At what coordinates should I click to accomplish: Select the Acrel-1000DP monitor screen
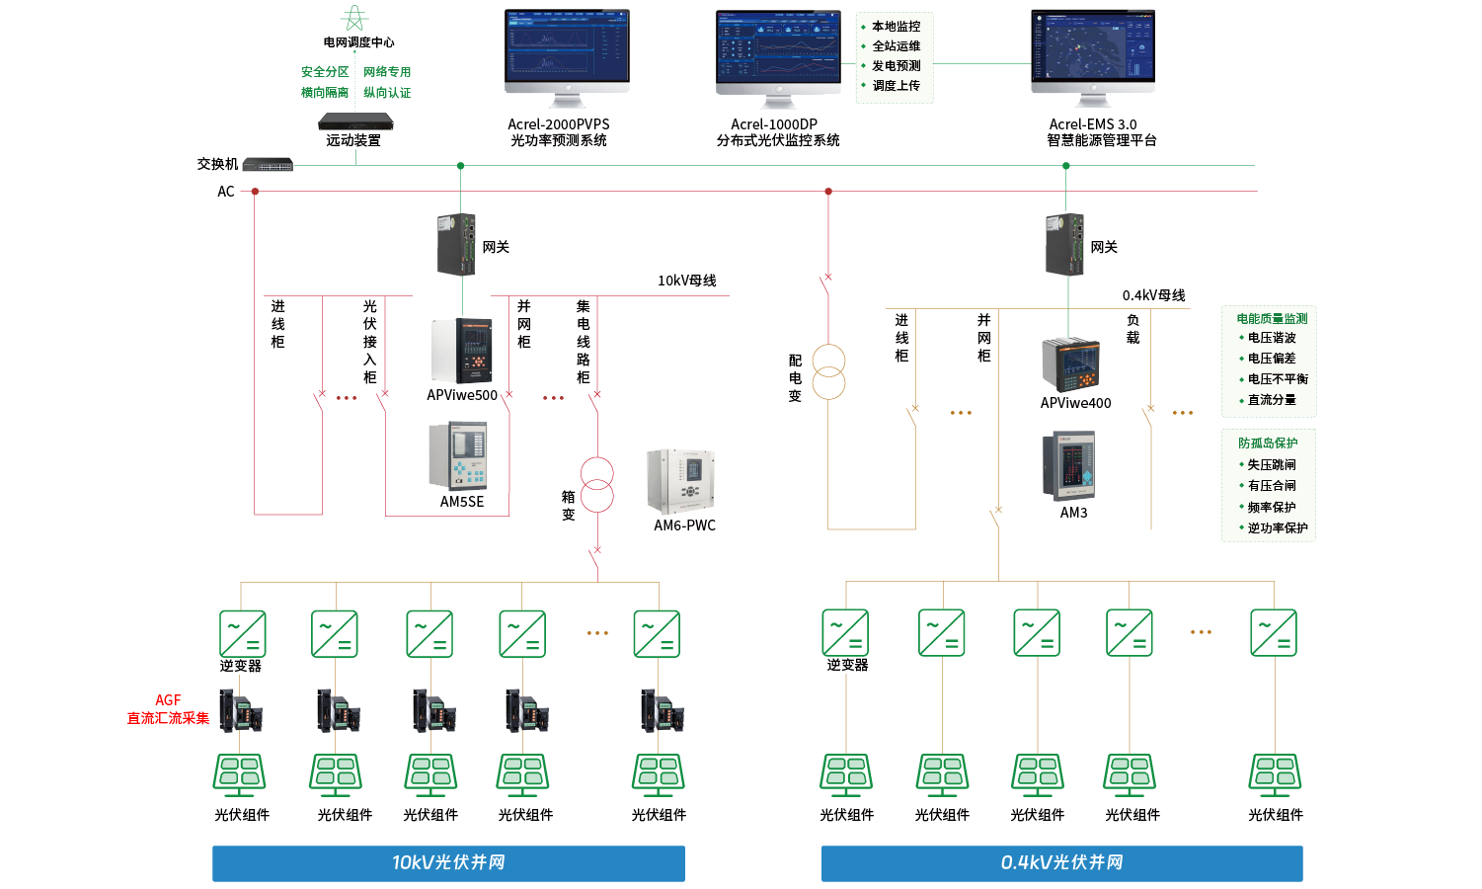click(x=778, y=48)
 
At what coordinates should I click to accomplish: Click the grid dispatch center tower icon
click(x=353, y=19)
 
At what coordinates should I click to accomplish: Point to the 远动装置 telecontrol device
click(x=355, y=122)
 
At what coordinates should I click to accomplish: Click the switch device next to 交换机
click(x=268, y=164)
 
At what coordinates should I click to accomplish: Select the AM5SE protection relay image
click(x=457, y=456)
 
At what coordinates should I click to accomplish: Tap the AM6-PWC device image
click(x=680, y=481)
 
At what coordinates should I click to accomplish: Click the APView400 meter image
click(x=1071, y=365)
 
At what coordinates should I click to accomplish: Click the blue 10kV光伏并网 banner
click(x=448, y=863)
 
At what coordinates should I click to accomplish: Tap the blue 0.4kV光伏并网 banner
click(x=1061, y=863)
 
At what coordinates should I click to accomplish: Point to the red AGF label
click(x=168, y=700)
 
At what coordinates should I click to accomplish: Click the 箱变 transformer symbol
click(x=597, y=484)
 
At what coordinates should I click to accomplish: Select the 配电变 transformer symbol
click(x=828, y=371)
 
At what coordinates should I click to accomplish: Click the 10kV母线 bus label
click(x=686, y=281)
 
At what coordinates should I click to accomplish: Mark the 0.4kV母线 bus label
click(x=1153, y=295)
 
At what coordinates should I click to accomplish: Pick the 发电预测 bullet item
click(x=896, y=66)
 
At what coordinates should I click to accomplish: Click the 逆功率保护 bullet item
click(x=1277, y=528)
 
